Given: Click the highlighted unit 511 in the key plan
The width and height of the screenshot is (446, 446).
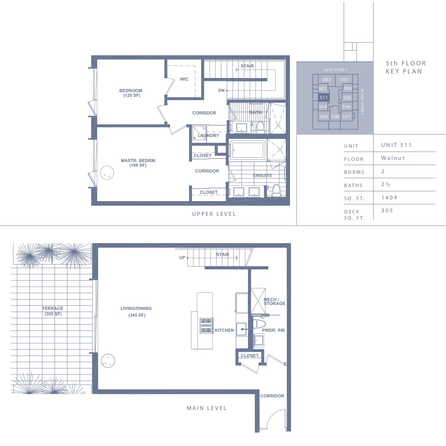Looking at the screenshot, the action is pyautogui.click(x=324, y=98).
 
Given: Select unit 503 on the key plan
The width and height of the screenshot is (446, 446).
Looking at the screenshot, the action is pyautogui.click(x=344, y=80).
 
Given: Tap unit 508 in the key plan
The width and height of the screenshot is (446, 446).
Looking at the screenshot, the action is pyautogui.click(x=335, y=116).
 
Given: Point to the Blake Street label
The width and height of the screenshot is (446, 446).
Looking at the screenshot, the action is pyautogui.click(x=362, y=102).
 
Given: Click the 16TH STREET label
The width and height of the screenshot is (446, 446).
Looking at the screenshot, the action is pyautogui.click(x=335, y=70).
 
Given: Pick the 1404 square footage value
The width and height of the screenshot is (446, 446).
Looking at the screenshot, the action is pyautogui.click(x=389, y=197).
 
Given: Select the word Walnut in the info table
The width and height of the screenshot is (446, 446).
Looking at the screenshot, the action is pyautogui.click(x=393, y=158).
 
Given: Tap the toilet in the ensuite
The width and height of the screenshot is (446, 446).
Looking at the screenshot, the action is pyautogui.click(x=276, y=190).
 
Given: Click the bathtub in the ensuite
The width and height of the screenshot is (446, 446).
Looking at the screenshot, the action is pyautogui.click(x=248, y=150).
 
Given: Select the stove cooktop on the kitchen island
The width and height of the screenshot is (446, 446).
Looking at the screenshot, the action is pyautogui.click(x=206, y=325).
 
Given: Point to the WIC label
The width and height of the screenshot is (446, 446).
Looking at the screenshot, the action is pyautogui.click(x=184, y=79).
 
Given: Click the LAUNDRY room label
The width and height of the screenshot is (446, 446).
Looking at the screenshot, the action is pyautogui.click(x=208, y=135).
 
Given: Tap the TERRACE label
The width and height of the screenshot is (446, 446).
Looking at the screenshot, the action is pyautogui.click(x=52, y=308).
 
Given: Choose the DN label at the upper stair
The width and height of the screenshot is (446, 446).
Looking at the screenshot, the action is pyautogui.click(x=221, y=90).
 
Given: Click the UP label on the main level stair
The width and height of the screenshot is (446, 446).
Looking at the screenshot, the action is pyautogui.click(x=182, y=257).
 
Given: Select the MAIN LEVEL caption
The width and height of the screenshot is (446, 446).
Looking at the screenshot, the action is pyautogui.click(x=207, y=408).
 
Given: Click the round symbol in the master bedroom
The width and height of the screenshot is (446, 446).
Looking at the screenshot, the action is pyautogui.click(x=107, y=173).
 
